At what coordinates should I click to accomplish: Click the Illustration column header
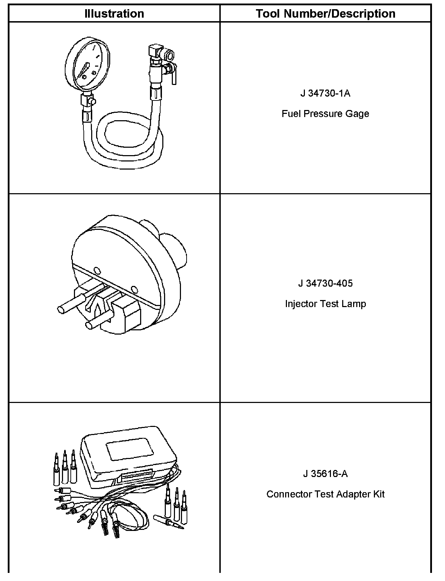point(114,14)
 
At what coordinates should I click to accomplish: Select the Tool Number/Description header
point(325,14)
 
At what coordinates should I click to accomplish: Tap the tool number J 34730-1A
point(325,93)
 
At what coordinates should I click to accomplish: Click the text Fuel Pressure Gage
point(325,114)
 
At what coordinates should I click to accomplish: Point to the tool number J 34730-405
point(325,283)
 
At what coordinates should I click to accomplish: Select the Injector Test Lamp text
point(325,304)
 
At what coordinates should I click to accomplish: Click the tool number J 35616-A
point(325,473)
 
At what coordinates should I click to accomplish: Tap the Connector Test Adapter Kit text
point(325,494)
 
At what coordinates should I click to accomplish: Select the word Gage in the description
point(359,114)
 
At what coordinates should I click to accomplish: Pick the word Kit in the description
point(378,494)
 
